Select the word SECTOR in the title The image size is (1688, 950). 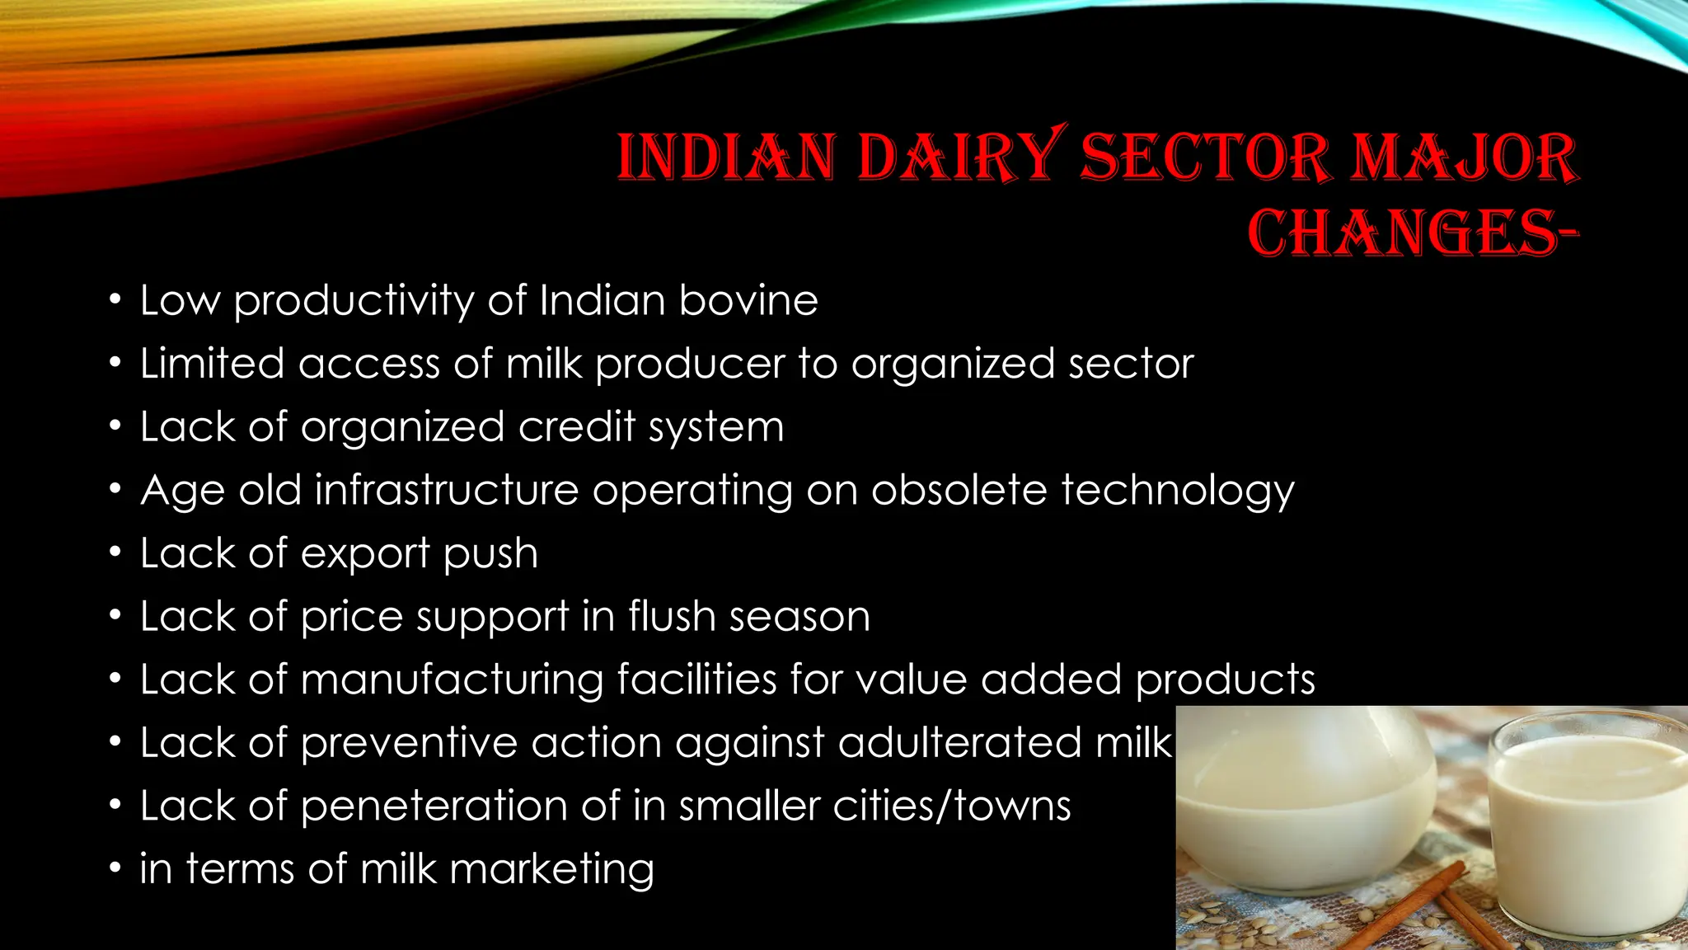pos(1205,157)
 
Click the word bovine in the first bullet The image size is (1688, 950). pos(748,300)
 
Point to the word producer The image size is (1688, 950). pos(690,364)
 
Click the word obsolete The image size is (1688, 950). pos(959,490)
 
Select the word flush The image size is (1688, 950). pos(671,616)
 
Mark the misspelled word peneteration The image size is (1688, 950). pos(434,807)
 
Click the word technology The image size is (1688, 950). pos(1178,491)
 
